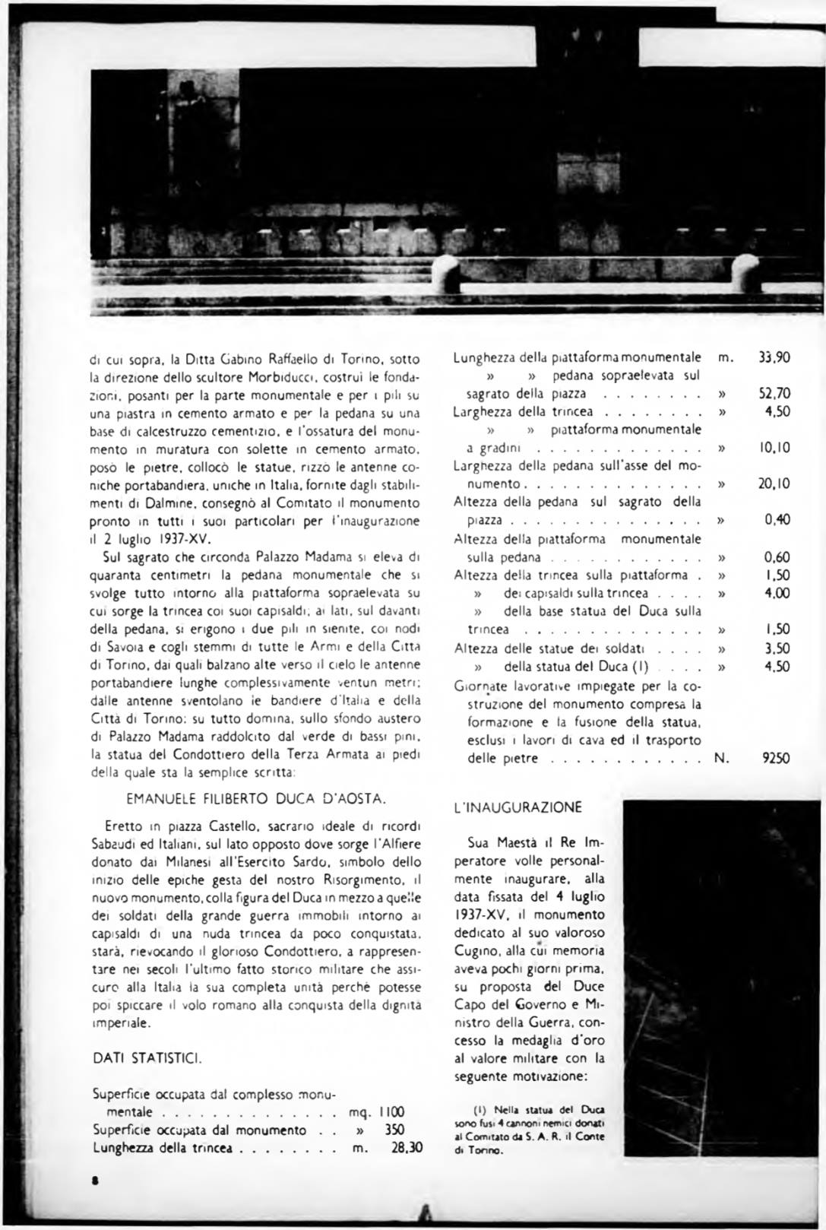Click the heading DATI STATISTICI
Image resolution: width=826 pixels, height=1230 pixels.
click(x=147, y=1057)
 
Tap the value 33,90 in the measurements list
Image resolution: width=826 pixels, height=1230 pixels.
click(x=774, y=357)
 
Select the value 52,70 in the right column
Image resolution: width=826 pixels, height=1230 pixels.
click(x=774, y=393)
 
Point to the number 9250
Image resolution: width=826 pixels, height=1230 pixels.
click(x=776, y=758)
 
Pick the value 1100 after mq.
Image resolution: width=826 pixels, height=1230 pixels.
click(x=391, y=1112)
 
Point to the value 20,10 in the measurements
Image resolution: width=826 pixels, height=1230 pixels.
click(x=774, y=483)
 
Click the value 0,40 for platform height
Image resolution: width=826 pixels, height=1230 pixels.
click(x=777, y=520)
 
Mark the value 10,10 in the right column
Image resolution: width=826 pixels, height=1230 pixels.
click(x=774, y=448)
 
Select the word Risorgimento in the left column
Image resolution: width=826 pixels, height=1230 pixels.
click(x=376, y=880)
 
